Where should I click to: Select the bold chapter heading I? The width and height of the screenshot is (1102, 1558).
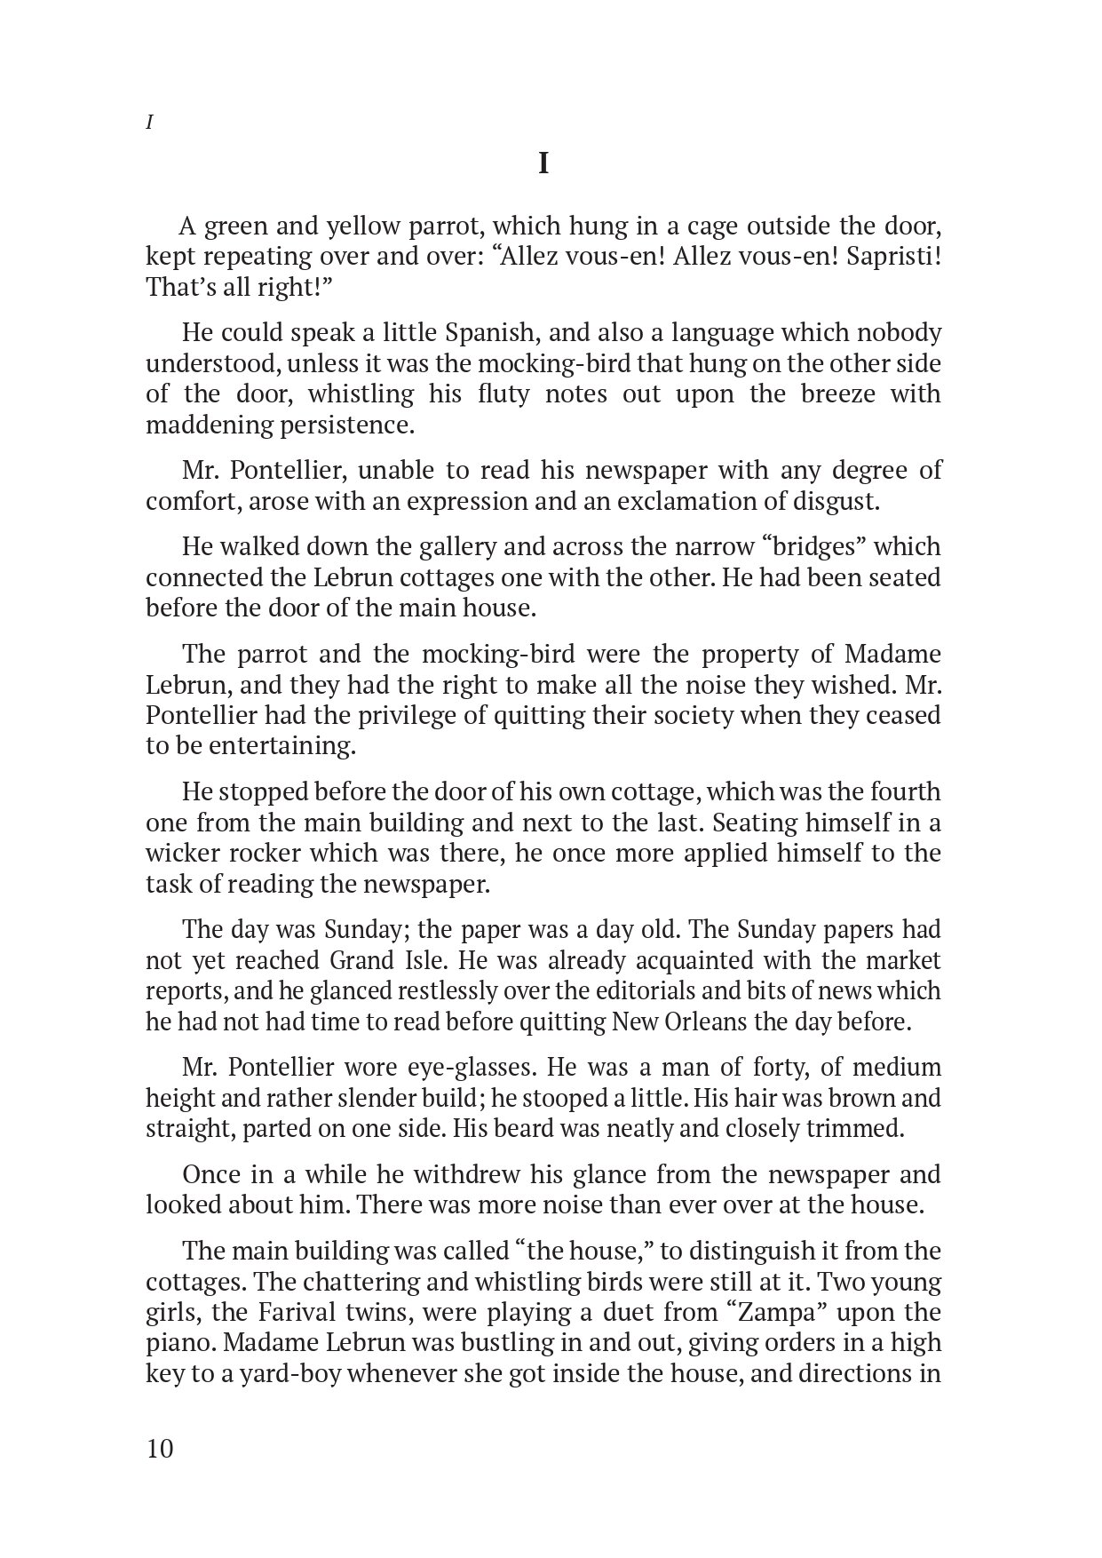543,164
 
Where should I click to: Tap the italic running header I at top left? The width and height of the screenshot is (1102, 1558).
149,123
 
